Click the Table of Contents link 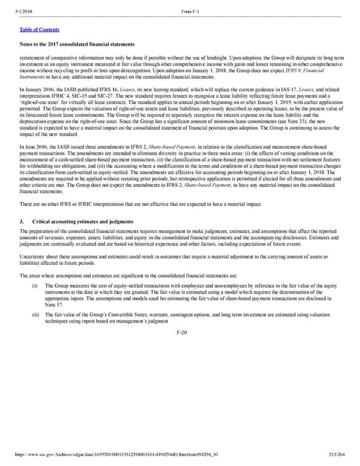pyautogui.click(x=39, y=29)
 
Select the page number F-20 pyautogui.click(x=179, y=333)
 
